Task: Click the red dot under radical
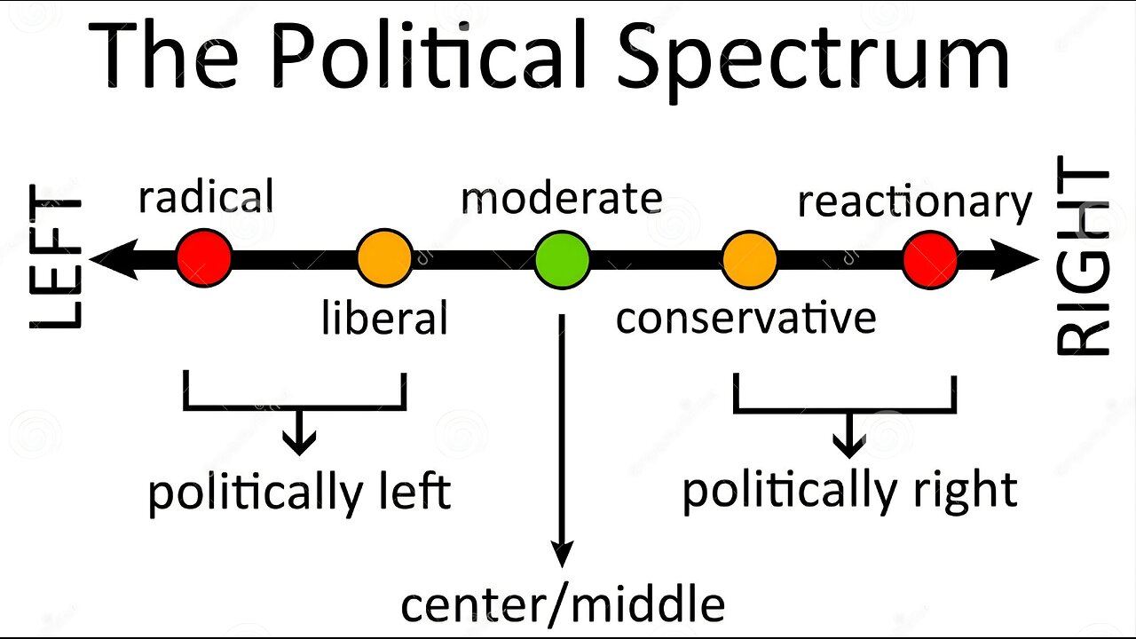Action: (x=204, y=258)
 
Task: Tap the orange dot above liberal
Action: (x=384, y=258)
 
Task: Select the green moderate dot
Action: (x=562, y=259)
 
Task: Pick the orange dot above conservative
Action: (x=750, y=259)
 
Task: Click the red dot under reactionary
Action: (x=930, y=259)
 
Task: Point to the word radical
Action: (x=205, y=196)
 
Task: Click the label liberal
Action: (x=384, y=317)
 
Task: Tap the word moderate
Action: (x=561, y=199)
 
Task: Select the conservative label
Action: (x=745, y=317)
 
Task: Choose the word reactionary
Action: (x=914, y=202)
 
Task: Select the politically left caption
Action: (x=299, y=492)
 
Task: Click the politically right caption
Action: (x=849, y=490)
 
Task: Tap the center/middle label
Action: (x=563, y=604)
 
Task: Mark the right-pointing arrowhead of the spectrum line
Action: (x=1021, y=260)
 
